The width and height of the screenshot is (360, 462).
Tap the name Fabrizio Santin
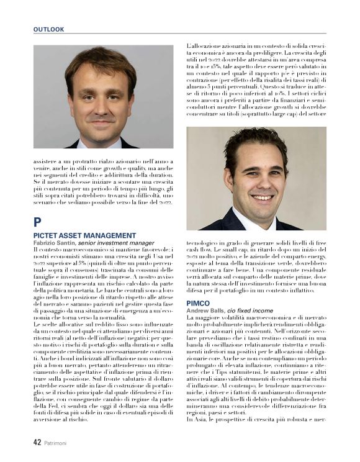[x=54, y=243]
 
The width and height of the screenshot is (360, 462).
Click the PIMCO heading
[x=198, y=303]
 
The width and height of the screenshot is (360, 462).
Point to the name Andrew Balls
[x=205, y=310]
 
